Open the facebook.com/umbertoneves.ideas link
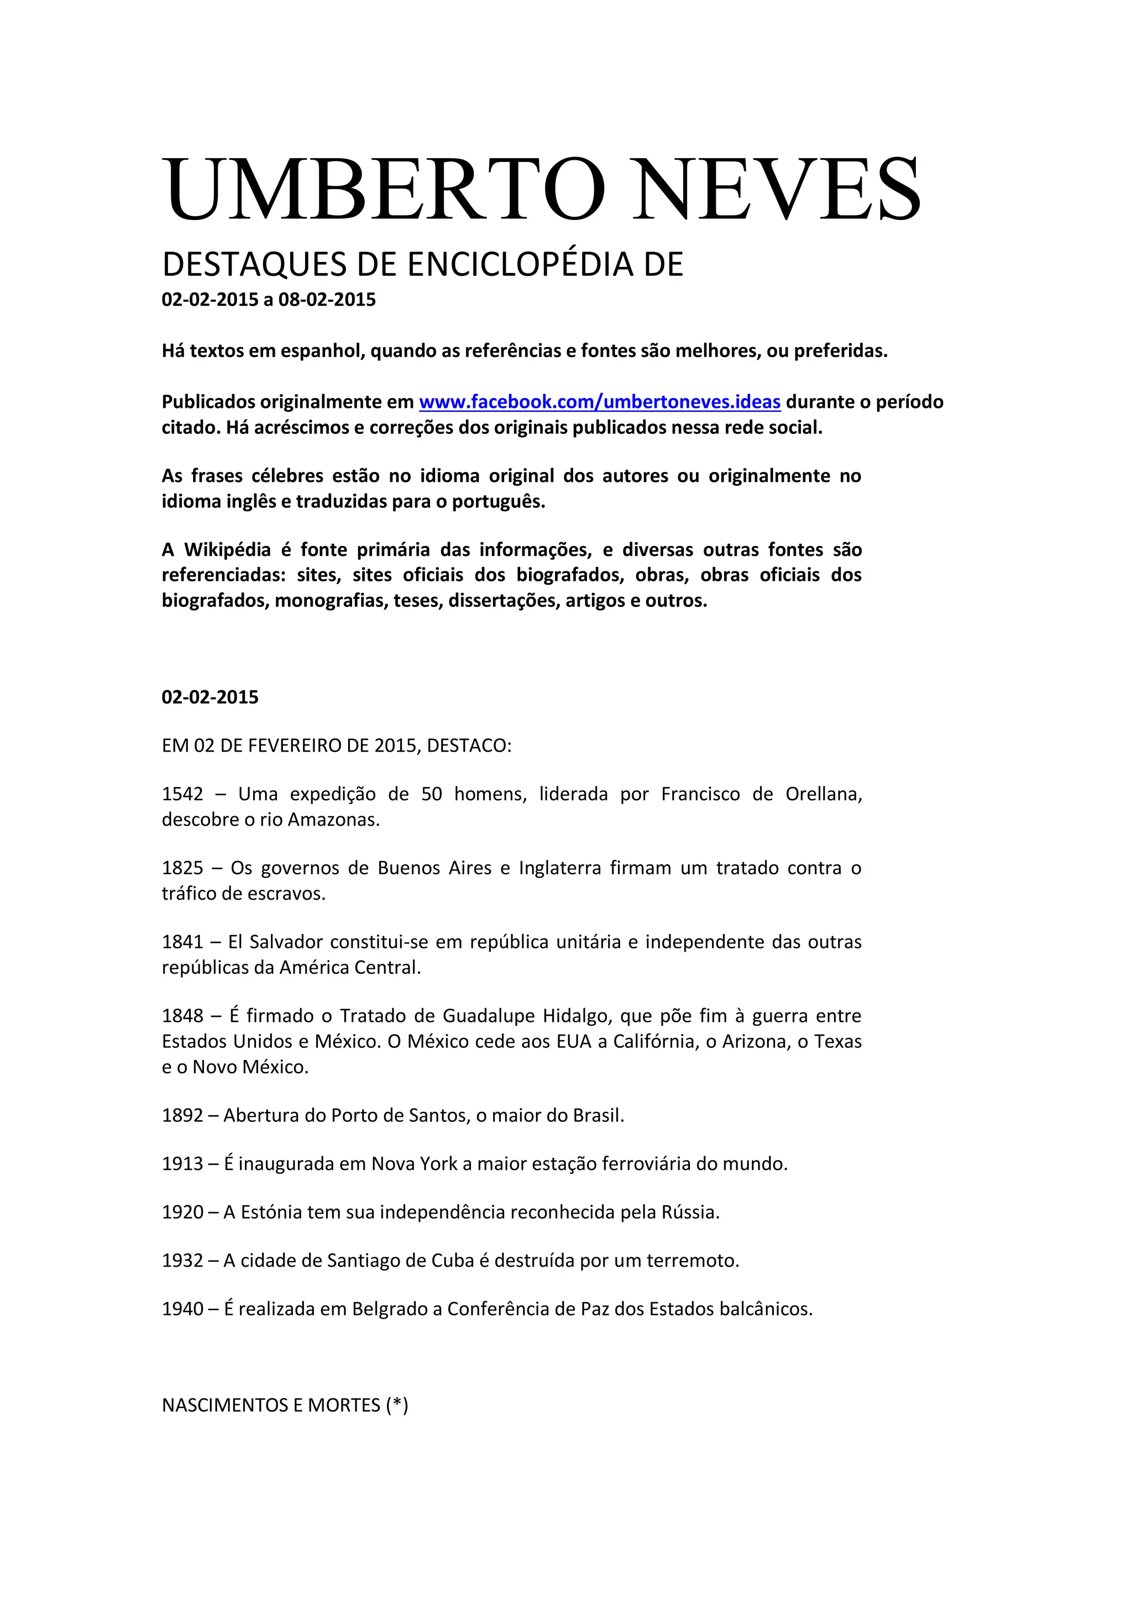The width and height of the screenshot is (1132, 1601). [x=599, y=402]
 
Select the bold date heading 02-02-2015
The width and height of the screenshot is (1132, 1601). [x=210, y=697]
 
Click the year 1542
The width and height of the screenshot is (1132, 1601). [x=183, y=794]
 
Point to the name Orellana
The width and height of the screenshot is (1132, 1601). [x=823, y=794]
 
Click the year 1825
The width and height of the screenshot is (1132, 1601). [x=183, y=868]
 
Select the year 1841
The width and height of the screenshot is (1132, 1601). [x=183, y=942]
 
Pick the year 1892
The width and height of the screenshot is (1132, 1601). [x=183, y=1116]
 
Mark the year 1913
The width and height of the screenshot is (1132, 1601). [x=183, y=1164]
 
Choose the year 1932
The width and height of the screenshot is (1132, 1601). [x=183, y=1261]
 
